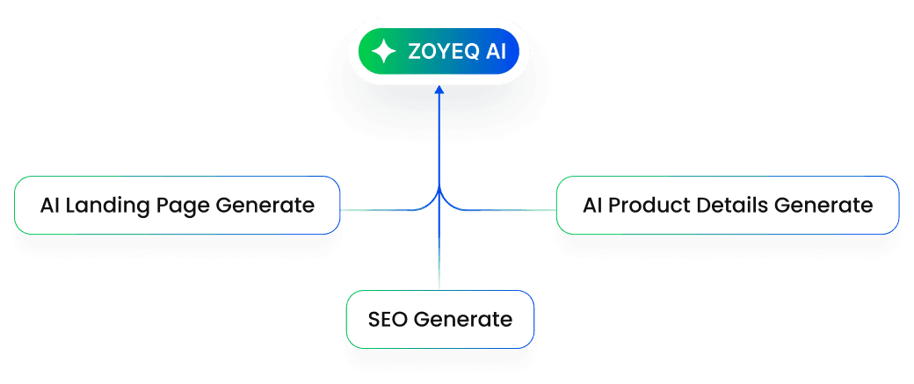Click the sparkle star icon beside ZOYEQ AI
(x=384, y=52)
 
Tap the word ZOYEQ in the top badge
(x=444, y=52)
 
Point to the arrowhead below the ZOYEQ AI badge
(x=439, y=91)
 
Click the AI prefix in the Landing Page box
(x=49, y=206)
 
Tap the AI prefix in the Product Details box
(x=591, y=206)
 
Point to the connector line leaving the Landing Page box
(x=378, y=211)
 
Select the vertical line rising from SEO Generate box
(x=439, y=255)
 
